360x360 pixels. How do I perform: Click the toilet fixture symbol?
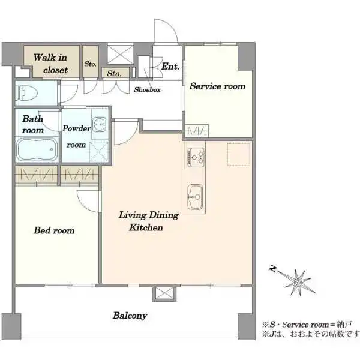coord(26,93)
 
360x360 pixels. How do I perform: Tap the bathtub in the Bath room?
coord(37,149)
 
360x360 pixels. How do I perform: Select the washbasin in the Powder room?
coord(100,124)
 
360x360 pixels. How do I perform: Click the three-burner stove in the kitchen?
coord(196,157)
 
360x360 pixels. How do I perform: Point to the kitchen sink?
coord(195,197)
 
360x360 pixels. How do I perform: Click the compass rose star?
coord(298,282)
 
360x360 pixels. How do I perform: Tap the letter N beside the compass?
coord(273,268)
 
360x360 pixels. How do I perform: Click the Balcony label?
coord(130,316)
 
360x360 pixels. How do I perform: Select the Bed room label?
coord(54,230)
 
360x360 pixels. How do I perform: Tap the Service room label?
coord(218,86)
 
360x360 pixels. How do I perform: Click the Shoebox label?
coord(147,89)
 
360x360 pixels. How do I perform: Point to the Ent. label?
coord(170,67)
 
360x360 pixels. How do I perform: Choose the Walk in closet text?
coord(50,64)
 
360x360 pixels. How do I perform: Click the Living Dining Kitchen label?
coord(148,221)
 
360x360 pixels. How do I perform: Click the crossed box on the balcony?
coord(164,293)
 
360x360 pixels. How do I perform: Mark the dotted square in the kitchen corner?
coord(239,154)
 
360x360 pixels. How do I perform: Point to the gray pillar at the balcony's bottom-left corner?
coord(11,326)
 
